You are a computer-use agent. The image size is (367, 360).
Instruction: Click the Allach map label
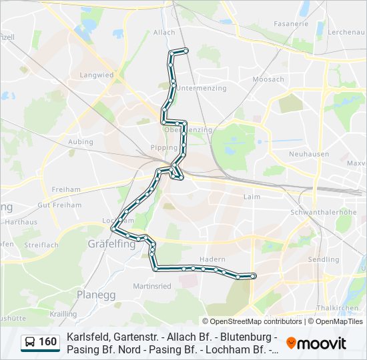[x=164, y=32]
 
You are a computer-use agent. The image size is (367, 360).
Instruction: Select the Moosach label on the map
[x=268, y=79]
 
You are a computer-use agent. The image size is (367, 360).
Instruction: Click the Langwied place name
[x=96, y=75]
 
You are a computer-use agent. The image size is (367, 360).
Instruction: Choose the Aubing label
[x=81, y=142]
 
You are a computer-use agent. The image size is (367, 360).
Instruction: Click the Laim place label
[x=252, y=197]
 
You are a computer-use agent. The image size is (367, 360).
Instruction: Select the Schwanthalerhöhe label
[x=324, y=212]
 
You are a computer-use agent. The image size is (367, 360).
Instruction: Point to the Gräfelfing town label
[x=111, y=244]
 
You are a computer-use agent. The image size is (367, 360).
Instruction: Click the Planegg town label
[x=96, y=294]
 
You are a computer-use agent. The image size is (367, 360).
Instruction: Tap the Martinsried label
[x=152, y=286]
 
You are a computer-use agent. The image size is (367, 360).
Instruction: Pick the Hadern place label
[x=212, y=259]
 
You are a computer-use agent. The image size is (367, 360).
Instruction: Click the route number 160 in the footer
[x=48, y=342]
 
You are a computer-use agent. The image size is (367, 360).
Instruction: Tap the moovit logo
[x=316, y=343]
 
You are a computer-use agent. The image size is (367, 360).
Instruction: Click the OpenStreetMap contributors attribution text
[x=256, y=321]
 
